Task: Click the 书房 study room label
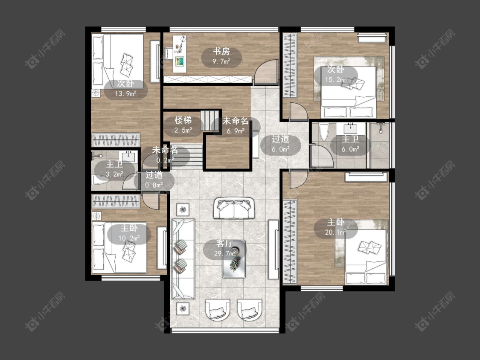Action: coord(221,51)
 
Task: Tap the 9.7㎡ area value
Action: coord(221,61)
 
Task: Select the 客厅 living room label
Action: coord(224,244)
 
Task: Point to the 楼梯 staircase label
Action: coord(183,120)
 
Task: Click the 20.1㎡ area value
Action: coord(336,232)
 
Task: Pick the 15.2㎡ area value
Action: coord(336,80)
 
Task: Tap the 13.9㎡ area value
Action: coord(125,94)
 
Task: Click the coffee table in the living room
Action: coord(234,259)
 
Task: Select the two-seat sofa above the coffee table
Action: coord(234,208)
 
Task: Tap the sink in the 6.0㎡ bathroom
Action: coord(351,128)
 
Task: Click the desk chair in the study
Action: coord(169,53)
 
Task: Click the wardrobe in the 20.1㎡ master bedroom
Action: coord(290,242)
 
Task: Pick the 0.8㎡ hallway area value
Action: coord(154,185)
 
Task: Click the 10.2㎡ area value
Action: coord(129,238)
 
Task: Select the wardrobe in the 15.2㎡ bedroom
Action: coord(290,66)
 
